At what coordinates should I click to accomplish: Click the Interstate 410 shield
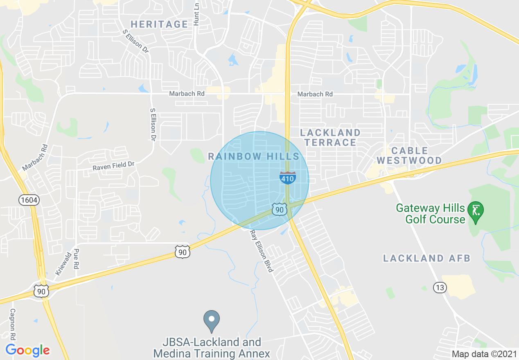click(x=288, y=177)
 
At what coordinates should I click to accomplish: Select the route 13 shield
click(x=440, y=288)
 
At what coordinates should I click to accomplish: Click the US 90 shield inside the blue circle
click(x=279, y=210)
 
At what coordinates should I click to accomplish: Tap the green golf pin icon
click(x=476, y=211)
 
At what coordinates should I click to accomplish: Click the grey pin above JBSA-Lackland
click(x=212, y=321)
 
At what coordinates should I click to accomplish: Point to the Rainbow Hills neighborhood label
click(x=254, y=156)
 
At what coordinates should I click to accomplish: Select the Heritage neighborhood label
click(x=159, y=24)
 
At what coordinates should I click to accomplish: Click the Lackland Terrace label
click(x=330, y=137)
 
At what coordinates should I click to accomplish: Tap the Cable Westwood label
click(x=409, y=155)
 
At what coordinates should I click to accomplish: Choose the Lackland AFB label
click(x=427, y=258)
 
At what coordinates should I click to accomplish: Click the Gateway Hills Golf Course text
click(x=431, y=214)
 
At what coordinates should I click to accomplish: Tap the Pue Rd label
click(x=76, y=259)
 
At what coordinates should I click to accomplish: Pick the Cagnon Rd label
click(x=13, y=325)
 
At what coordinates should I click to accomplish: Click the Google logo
click(x=27, y=350)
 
